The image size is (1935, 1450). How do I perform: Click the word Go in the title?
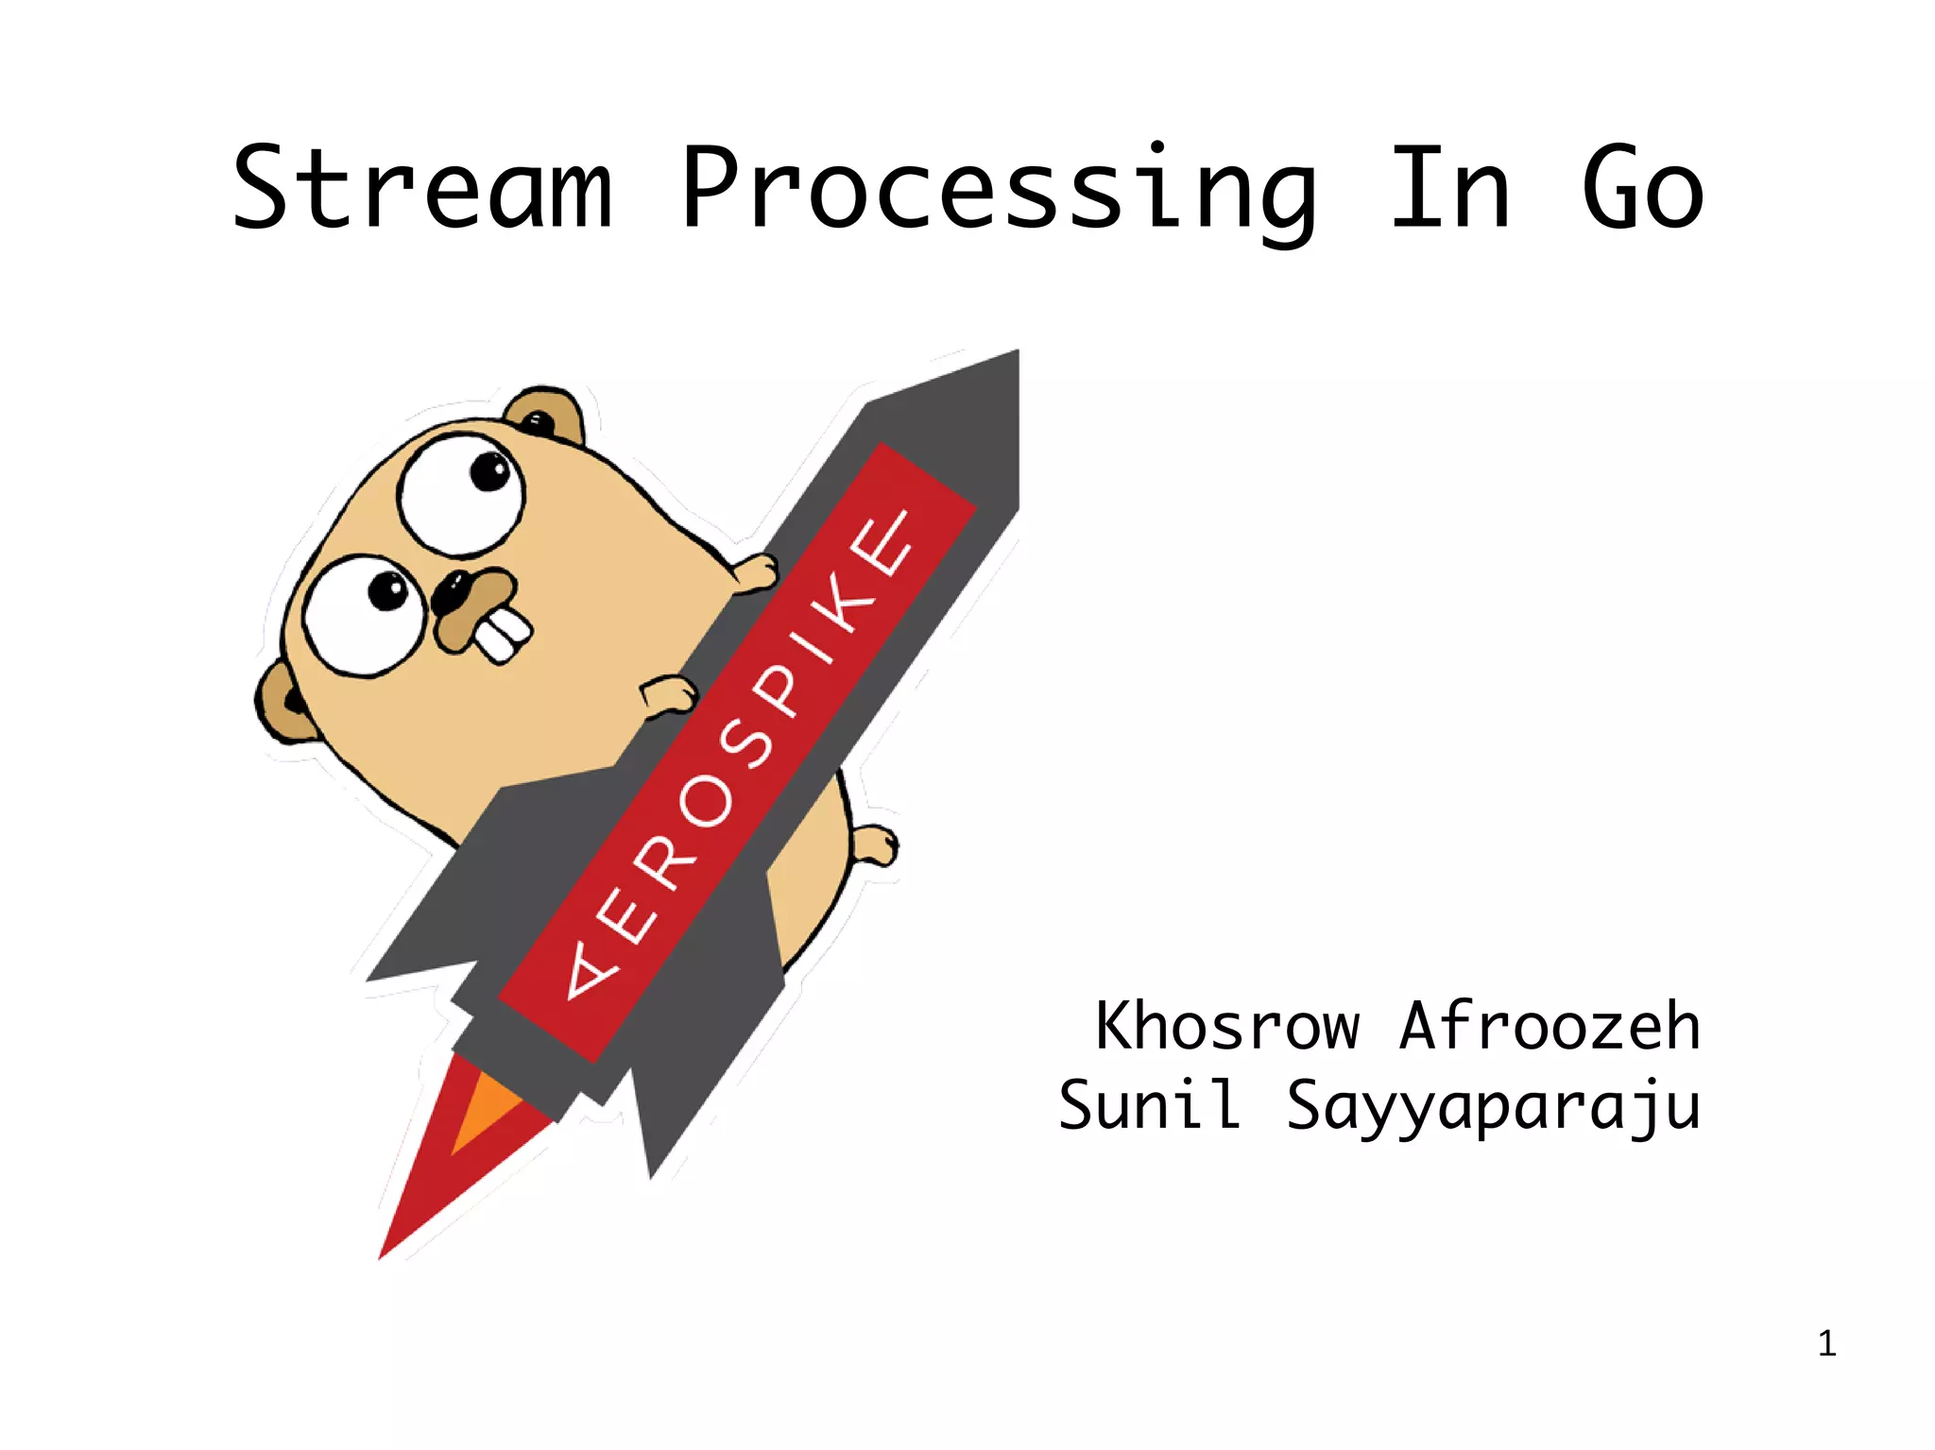click(1643, 189)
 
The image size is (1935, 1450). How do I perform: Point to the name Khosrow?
click(1226, 1027)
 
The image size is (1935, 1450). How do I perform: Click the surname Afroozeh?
click(1550, 1027)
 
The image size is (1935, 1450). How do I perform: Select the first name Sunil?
click(1149, 1105)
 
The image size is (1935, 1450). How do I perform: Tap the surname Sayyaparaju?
click(1493, 1107)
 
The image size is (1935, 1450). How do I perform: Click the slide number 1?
click(1826, 1343)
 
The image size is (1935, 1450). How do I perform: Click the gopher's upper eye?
click(460, 494)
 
